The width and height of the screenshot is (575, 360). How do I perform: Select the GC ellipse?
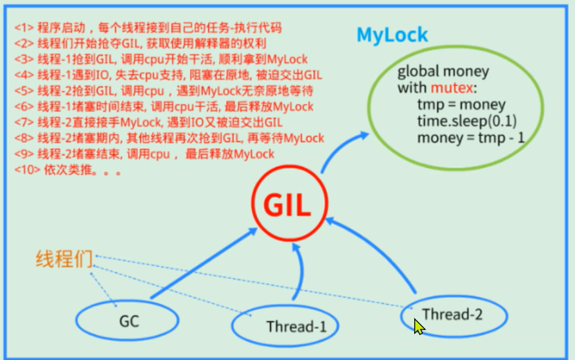coord(128,320)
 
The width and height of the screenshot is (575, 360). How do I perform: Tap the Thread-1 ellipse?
coord(287,327)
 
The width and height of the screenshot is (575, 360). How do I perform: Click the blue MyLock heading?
coord(392,34)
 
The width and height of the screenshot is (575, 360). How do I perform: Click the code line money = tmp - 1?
coord(470,138)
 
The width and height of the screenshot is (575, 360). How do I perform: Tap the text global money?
coord(443,73)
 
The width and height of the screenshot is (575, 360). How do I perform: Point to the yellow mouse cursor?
coord(418,327)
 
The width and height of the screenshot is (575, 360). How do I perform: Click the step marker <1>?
coord(24,28)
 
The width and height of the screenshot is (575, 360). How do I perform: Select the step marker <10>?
coord(26,170)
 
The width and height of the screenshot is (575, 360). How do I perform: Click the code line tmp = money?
coord(461,105)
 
